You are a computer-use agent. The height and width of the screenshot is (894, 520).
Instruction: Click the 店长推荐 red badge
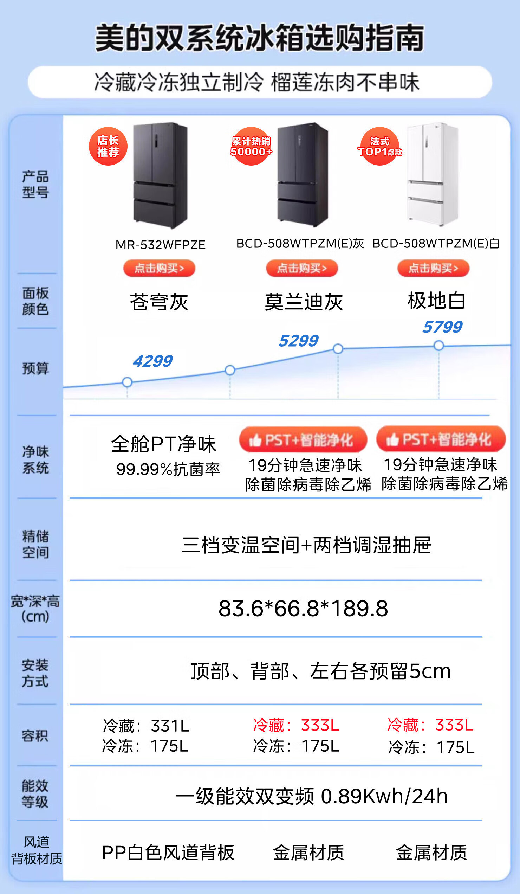click(108, 146)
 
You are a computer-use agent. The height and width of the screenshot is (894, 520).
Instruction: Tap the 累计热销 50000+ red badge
click(251, 146)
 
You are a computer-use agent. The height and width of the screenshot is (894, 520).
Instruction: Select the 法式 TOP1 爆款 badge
click(379, 146)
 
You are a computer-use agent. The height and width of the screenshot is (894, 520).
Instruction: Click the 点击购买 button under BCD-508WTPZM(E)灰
click(302, 268)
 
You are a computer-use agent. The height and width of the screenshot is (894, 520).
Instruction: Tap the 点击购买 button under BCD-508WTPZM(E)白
click(433, 268)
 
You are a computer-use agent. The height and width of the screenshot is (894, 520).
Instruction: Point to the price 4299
click(153, 361)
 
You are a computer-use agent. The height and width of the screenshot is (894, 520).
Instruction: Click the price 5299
click(298, 341)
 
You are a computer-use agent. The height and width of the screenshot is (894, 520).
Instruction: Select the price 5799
click(442, 327)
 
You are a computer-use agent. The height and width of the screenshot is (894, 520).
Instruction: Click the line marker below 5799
click(439, 345)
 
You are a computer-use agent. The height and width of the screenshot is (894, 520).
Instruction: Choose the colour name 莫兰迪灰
click(304, 302)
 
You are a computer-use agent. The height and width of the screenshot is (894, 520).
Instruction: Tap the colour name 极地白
click(437, 301)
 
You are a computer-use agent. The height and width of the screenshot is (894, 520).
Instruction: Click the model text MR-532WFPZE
click(161, 245)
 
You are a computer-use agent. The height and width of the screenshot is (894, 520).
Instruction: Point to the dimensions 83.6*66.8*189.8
click(304, 609)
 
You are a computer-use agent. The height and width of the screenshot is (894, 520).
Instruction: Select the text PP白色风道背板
click(168, 853)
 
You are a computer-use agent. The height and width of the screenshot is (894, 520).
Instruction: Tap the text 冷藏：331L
click(146, 726)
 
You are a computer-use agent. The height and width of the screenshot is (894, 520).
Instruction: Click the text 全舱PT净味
click(163, 444)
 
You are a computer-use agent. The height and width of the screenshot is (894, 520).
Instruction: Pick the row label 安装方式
click(35, 673)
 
